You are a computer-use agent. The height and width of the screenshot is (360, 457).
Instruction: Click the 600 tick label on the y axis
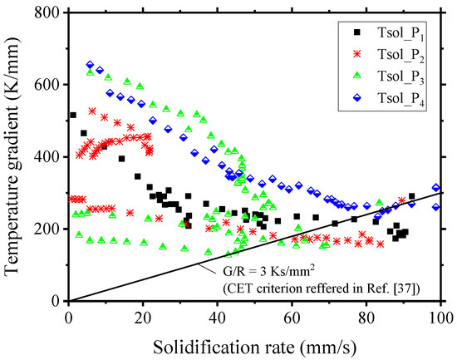tap(50, 85)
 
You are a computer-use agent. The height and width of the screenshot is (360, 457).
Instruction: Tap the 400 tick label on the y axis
tap(50, 157)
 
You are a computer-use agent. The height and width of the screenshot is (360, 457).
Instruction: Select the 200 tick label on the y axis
tap(50, 229)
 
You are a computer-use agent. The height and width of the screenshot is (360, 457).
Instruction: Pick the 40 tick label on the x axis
tap(218, 315)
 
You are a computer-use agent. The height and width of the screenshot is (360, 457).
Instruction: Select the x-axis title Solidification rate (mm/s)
tap(254, 344)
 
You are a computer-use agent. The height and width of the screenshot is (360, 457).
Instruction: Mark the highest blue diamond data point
tap(90, 65)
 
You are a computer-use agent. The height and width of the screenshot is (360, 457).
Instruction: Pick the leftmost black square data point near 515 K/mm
tap(73, 116)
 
